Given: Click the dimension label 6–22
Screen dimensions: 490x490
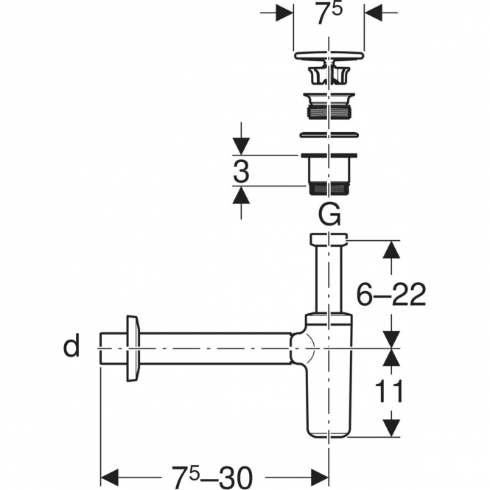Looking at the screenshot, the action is pyautogui.click(x=391, y=294).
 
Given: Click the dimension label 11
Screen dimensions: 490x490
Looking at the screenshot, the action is pyautogui.click(x=389, y=391).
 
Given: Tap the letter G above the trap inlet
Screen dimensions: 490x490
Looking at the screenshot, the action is pyautogui.click(x=329, y=214).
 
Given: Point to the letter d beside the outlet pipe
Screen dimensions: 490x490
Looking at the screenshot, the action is pyautogui.click(x=71, y=346).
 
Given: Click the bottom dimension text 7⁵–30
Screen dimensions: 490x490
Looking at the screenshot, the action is pyautogui.click(x=212, y=477).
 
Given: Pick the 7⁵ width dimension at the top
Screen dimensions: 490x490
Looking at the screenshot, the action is pyautogui.click(x=329, y=13).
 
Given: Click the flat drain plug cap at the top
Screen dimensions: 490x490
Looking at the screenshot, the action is pyautogui.click(x=329, y=55).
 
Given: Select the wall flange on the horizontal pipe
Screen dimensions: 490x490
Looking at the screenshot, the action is pyautogui.click(x=133, y=349).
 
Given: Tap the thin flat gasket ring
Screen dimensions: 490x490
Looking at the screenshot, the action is pyautogui.click(x=329, y=135).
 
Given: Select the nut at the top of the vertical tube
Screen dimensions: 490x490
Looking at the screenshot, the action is pyautogui.click(x=329, y=239).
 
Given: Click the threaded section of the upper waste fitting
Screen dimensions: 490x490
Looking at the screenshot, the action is pyautogui.click(x=329, y=112).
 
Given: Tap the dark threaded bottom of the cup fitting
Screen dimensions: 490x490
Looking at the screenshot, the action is pyautogui.click(x=329, y=189).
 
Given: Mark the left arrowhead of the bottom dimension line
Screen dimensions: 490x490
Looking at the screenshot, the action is pyautogui.click(x=109, y=477).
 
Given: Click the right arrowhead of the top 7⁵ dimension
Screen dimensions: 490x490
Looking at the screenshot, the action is pyautogui.click(x=374, y=13).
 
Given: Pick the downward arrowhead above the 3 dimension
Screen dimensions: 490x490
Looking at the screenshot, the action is pyautogui.click(x=241, y=146).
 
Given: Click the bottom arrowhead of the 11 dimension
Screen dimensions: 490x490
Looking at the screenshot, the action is pyautogui.click(x=391, y=428).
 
